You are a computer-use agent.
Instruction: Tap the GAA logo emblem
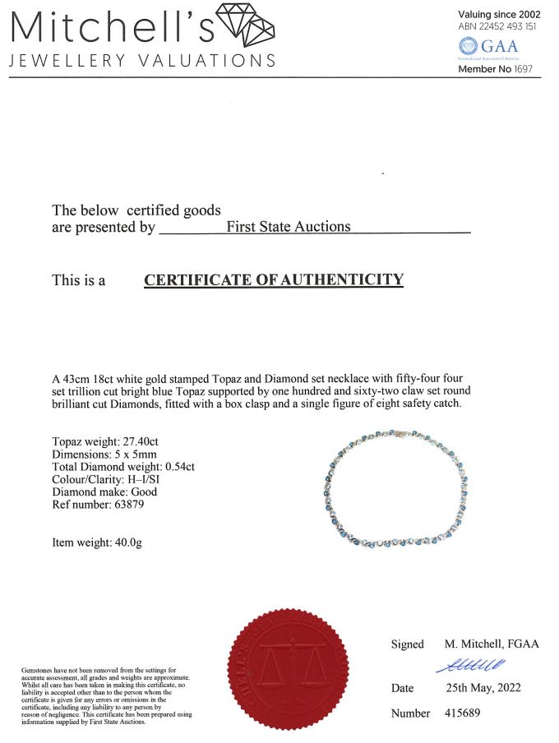tap(467, 46)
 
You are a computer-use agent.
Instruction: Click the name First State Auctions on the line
tap(288, 227)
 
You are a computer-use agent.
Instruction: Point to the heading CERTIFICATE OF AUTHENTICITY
tap(274, 280)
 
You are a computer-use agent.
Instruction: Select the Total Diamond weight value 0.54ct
tap(179, 466)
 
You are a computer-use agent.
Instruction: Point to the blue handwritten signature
tap(470, 666)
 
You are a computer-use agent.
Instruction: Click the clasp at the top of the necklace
tap(403, 430)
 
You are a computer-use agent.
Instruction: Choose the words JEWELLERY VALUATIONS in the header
tap(142, 61)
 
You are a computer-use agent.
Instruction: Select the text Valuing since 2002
tap(501, 14)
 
